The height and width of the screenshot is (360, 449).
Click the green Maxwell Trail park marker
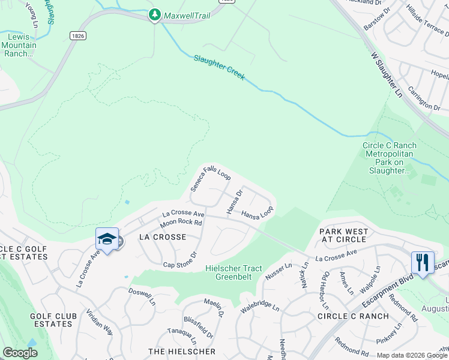pyautogui.click(x=155, y=14)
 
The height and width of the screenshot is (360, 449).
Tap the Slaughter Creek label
pyautogui.click(x=219, y=68)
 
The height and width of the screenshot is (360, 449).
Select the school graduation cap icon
pyautogui.click(x=106, y=239)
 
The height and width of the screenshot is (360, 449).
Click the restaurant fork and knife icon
pyautogui.click(x=421, y=262)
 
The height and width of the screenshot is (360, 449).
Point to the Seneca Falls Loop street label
pyautogui.click(x=211, y=179)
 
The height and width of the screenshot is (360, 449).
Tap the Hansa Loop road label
pyautogui.click(x=257, y=212)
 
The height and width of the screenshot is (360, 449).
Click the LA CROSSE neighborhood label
pyautogui.click(x=163, y=237)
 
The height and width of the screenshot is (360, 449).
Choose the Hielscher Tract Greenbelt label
pyautogui.click(x=234, y=272)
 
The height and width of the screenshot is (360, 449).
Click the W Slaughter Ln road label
pyautogui.click(x=386, y=74)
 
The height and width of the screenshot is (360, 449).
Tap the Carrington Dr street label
pyautogui.click(x=424, y=98)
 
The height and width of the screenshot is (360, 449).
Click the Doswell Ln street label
pyautogui.click(x=142, y=296)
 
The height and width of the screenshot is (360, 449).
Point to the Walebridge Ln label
pyautogui.click(x=261, y=307)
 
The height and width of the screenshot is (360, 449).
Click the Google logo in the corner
pyautogui.click(x=20, y=353)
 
